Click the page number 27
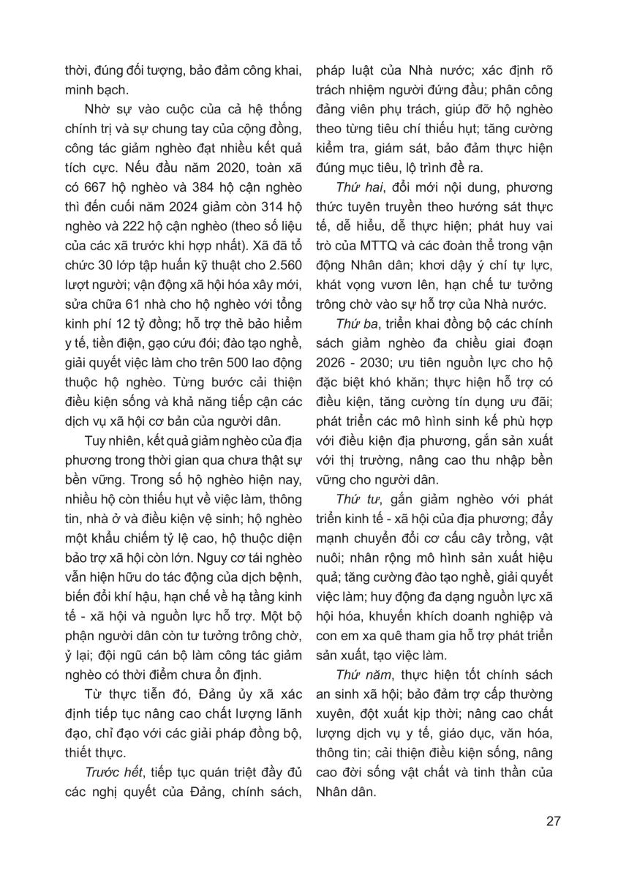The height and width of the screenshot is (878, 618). [x=553, y=819]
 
